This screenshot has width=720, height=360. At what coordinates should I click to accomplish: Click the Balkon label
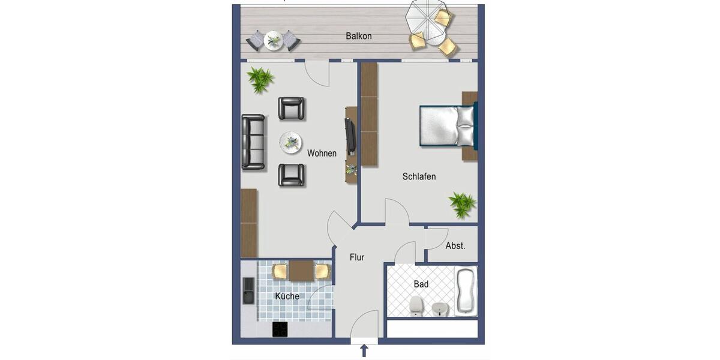(x=359, y=36)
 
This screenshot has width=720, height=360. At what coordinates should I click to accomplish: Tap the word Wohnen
(x=322, y=153)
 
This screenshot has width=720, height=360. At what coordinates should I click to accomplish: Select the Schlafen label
(x=419, y=176)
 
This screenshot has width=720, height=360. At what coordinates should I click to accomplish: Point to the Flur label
(x=357, y=257)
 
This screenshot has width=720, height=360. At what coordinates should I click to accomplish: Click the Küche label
(x=287, y=296)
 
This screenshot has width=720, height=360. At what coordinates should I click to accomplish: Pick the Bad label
(x=421, y=284)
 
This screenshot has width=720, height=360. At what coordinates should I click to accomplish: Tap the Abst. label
(x=455, y=245)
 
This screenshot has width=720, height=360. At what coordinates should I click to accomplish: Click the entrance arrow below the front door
(x=364, y=350)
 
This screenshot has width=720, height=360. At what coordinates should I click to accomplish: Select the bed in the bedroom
(x=446, y=126)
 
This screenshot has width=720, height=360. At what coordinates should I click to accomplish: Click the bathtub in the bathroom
(x=465, y=292)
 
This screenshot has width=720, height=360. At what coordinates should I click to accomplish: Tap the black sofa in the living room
(x=253, y=142)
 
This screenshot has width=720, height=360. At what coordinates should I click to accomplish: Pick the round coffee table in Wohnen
(x=290, y=142)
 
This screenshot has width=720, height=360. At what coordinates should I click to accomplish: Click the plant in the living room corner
(x=260, y=79)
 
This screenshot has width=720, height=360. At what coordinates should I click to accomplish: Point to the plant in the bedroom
(x=463, y=205)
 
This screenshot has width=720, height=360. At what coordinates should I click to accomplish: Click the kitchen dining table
(x=301, y=271)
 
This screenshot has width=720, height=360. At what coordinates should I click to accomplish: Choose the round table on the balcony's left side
(x=273, y=40)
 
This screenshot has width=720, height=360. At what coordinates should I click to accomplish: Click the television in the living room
(x=350, y=135)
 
